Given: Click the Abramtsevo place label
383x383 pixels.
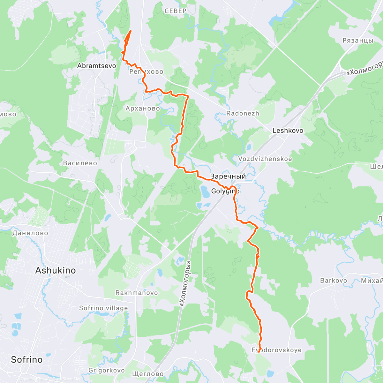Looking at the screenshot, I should tap(96, 66).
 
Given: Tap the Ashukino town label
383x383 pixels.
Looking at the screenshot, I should tap(56, 271).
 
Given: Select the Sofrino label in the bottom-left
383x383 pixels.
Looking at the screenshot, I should tap(27, 360).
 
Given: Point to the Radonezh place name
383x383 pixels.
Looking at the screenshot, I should tap(243, 114).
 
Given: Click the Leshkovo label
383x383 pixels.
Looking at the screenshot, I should tap(288, 131).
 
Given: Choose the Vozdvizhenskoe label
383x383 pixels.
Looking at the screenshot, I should tap(265, 159).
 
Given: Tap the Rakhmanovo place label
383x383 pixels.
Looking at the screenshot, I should tap(137, 293).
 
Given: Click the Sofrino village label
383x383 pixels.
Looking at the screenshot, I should tap(103, 308).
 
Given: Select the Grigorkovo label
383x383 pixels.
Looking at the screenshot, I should tap(107, 371).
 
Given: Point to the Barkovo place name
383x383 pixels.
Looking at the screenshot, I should tap(334, 281).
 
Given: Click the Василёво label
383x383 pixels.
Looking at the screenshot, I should tap(80, 163).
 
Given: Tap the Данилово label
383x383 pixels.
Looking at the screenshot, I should tap(30, 233).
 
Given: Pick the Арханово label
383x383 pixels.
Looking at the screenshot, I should tap(143, 109).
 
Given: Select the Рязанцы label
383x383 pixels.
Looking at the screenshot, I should tap(358, 41).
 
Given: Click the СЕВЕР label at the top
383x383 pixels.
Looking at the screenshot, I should tap(176, 11).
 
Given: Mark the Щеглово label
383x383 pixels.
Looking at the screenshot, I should tap(148, 374).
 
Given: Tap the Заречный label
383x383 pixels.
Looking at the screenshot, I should tap(228, 176).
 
